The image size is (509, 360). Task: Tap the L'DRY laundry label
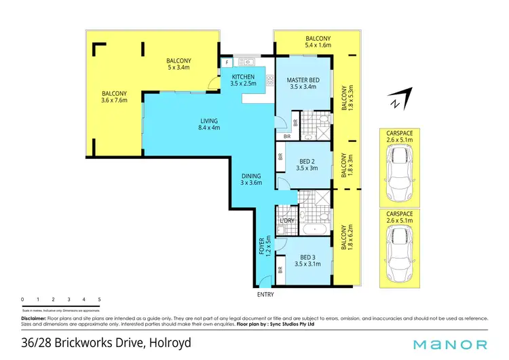(x=286, y=221)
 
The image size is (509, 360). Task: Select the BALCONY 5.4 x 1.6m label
(x=318, y=41)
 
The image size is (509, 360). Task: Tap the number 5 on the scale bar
(x=99, y=300)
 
